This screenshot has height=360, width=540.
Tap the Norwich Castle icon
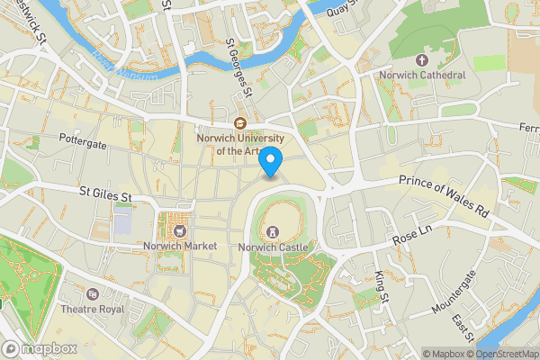(x=274, y=231)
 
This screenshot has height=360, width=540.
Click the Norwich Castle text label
(x=274, y=247)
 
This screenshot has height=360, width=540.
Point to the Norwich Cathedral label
(x=422, y=76)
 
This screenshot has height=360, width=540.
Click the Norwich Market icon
(x=178, y=230)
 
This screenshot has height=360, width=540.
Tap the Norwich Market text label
(x=178, y=246)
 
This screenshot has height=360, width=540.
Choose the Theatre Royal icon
(x=92, y=294)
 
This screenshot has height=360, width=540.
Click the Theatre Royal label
(x=92, y=310)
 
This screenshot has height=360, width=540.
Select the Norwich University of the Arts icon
(x=240, y=124)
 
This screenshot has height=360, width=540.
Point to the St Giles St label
(x=105, y=193)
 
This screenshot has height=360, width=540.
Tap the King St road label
(x=381, y=286)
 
